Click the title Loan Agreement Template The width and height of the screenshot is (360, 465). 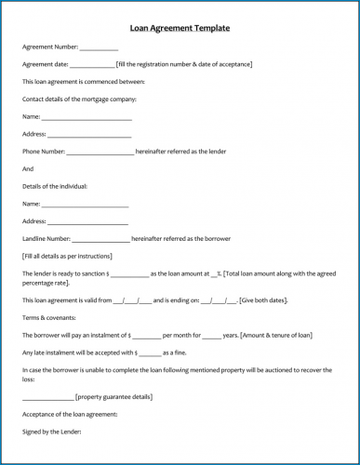pos(180,28)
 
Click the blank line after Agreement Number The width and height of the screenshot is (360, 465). pos(99,47)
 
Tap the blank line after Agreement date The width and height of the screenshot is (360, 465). pos(91,65)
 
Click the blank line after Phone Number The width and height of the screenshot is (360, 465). pos(100,153)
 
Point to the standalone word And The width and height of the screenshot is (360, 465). pos(28,168)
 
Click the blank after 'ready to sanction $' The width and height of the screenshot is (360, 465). pos(129,274)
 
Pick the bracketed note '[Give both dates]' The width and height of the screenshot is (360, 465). pos(263,300)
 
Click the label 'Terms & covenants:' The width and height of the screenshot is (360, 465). pos(47,318)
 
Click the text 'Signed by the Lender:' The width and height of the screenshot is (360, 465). pos(51,432)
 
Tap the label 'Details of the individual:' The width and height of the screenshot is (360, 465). pos(57,186)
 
